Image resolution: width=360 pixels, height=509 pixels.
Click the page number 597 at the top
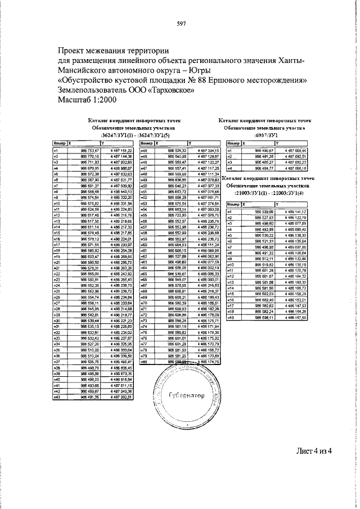point(181,23)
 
